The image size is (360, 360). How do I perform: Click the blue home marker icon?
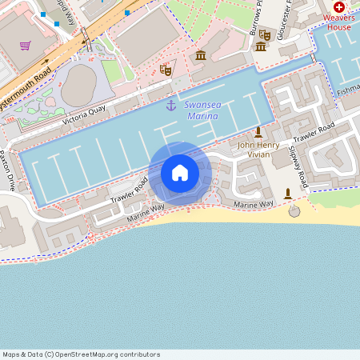(180, 172)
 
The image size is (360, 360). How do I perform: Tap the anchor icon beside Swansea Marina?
(170, 106)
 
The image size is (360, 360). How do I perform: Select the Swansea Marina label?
(201, 110)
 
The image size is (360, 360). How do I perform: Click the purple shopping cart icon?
(26, 46)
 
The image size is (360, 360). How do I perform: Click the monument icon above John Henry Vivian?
(258, 132)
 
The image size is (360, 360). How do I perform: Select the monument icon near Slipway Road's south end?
(288, 193)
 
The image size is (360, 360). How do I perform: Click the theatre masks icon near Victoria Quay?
(166, 70)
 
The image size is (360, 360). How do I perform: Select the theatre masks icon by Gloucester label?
(264, 34)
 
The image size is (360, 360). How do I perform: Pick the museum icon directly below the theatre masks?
(261, 46)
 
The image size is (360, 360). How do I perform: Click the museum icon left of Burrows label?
(200, 54)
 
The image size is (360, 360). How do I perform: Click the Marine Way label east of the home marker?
(253, 206)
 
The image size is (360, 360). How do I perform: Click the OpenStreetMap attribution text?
(81, 354)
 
